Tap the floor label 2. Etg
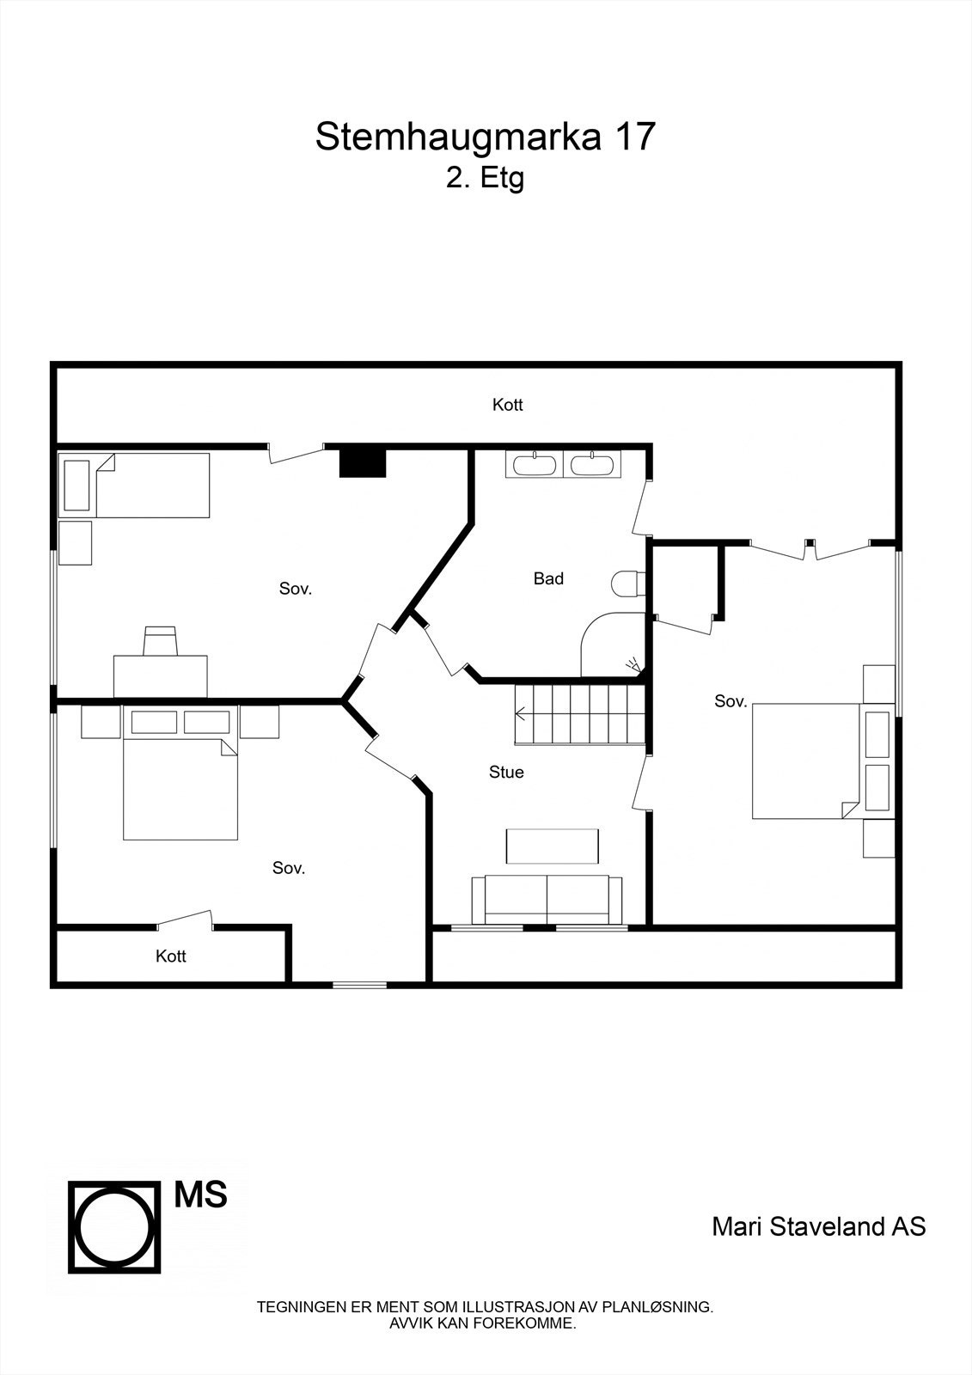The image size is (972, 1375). (485, 179)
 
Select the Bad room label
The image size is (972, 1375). (548, 579)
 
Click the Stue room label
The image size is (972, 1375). (506, 773)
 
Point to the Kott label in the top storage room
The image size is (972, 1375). (507, 405)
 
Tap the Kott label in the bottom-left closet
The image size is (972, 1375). (171, 956)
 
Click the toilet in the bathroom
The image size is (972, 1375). (628, 584)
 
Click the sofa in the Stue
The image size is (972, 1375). (547, 899)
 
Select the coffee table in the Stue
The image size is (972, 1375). (553, 846)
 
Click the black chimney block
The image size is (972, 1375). (364, 461)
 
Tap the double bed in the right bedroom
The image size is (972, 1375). (806, 761)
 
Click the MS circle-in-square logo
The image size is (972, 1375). (115, 1225)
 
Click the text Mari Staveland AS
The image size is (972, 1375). (818, 1226)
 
